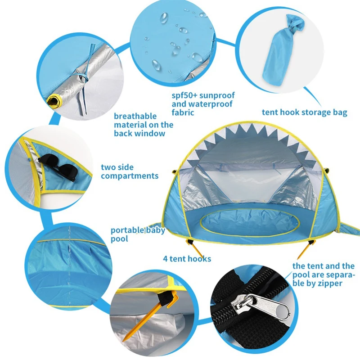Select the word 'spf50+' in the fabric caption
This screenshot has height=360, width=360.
tap(184, 95)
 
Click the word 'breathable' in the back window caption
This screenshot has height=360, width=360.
tap(135, 116)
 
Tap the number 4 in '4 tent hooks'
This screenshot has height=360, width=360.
tap(165, 259)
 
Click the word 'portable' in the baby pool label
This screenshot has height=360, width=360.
tap(128, 230)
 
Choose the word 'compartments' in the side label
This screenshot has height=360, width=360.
tap(130, 176)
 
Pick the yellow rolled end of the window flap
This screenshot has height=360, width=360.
tap(54, 100)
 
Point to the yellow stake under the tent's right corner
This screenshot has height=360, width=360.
tap(304, 250)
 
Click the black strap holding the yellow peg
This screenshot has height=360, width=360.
tap(165, 298)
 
